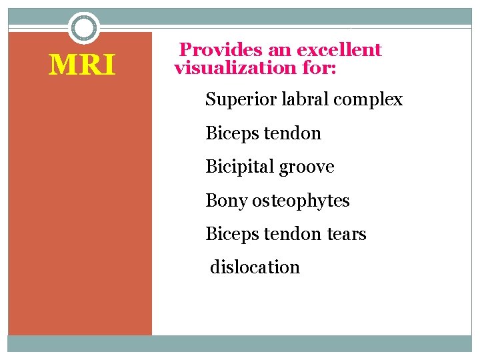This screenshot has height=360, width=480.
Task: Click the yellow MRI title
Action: pyautogui.click(x=83, y=65)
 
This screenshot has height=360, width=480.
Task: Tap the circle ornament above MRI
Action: pyautogui.click(x=84, y=28)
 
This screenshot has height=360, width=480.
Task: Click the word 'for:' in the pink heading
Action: pyautogui.click(x=319, y=67)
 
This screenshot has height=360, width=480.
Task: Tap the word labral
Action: pyautogui.click(x=301, y=100)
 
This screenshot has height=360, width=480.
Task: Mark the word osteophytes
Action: pyautogui.click(x=301, y=200)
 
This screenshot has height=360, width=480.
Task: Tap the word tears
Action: pyautogui.click(x=346, y=234)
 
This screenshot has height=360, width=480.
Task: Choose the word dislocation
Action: pyautogui.click(x=255, y=267)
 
